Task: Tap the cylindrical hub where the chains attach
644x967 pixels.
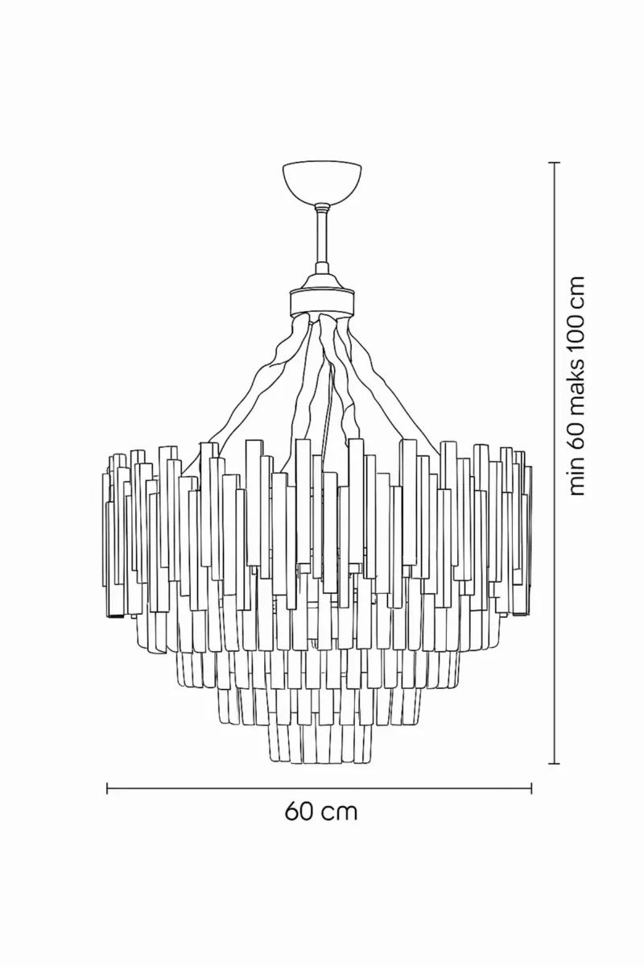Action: click(x=322, y=302)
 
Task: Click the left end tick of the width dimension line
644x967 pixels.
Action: click(x=107, y=788)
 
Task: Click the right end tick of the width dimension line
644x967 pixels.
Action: click(x=531, y=788)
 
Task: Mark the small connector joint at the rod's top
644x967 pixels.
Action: click(x=322, y=208)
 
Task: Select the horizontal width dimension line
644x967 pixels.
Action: click(x=320, y=788)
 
